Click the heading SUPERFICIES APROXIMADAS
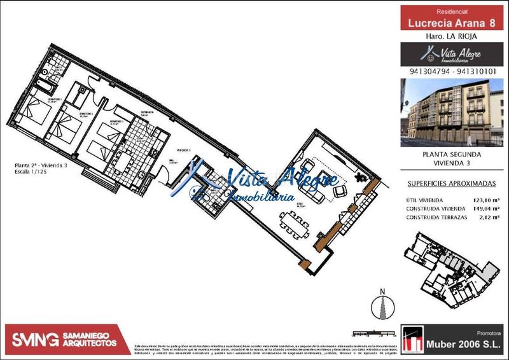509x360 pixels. [450, 183]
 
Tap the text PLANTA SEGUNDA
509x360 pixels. [452, 154]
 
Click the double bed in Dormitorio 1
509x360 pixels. [33, 114]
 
